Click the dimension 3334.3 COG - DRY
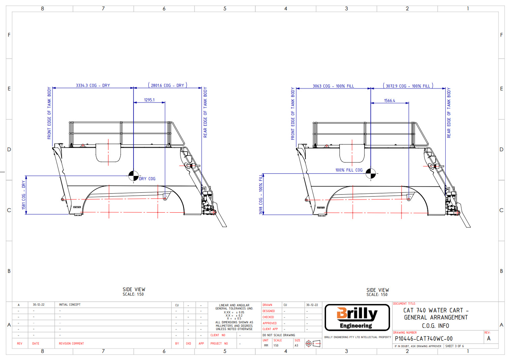point(93,86)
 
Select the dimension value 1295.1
point(149,100)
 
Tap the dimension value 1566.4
point(389,101)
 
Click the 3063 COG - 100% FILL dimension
point(333,86)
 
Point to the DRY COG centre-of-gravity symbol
point(133,176)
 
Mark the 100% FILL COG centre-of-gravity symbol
point(371,174)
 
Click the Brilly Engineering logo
point(357,317)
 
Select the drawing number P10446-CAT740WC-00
point(424,339)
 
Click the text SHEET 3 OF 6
point(454,346)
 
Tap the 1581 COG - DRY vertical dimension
point(24,195)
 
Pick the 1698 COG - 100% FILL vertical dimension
point(261,194)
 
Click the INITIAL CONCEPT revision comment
point(70,305)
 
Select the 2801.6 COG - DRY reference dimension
point(167,86)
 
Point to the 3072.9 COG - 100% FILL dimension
point(408,86)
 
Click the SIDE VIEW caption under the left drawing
point(134,290)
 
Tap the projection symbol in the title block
point(313,343)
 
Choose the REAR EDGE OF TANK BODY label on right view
point(449,113)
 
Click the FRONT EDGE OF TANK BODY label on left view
point(49,113)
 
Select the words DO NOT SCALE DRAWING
point(278,335)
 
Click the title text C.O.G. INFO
point(436,326)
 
